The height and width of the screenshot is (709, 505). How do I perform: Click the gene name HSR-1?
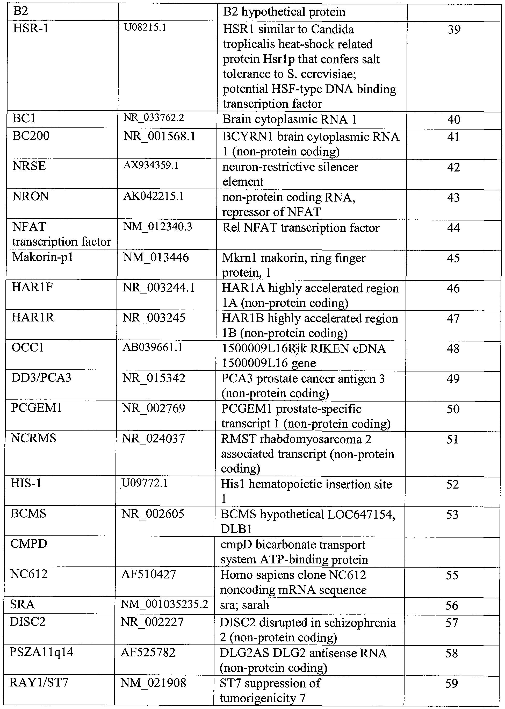click(31, 29)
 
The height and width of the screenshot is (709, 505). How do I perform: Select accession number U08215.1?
click(145, 28)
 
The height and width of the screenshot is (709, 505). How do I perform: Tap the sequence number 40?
click(454, 120)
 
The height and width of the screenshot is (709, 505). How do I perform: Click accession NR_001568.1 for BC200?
click(159, 137)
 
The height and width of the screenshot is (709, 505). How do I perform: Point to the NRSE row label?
click(29, 166)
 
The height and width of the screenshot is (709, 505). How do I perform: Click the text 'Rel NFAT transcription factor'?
click(301, 228)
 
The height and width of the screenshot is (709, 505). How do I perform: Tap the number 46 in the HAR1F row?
click(453, 288)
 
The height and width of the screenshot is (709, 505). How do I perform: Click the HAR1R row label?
click(33, 318)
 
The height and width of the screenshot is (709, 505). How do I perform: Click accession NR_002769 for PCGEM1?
click(154, 408)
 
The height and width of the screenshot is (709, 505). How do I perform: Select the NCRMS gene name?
click(34, 438)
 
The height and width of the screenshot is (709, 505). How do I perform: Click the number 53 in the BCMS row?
click(452, 514)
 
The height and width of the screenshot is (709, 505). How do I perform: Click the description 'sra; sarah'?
click(244, 605)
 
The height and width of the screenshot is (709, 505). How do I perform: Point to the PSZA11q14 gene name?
click(41, 652)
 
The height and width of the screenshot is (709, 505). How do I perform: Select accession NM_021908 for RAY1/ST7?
click(153, 683)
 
